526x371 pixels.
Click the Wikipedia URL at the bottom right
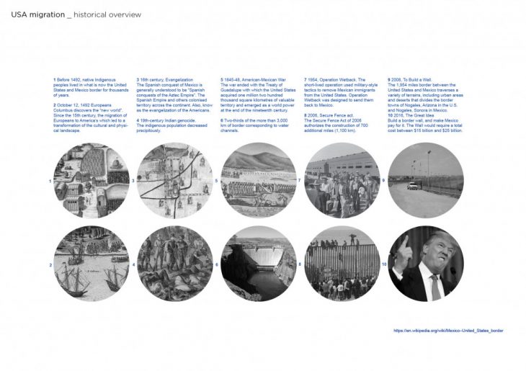pyautogui.click(x=448, y=331)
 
